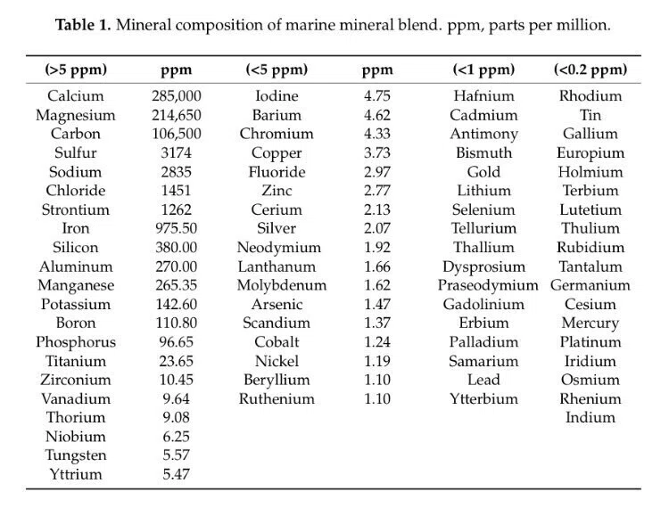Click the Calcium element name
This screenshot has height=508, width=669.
(76, 96)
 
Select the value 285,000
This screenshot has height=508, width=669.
(177, 96)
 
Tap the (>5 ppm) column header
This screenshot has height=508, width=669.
(76, 70)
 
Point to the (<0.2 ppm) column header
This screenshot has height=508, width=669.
(591, 70)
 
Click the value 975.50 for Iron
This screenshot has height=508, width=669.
(177, 228)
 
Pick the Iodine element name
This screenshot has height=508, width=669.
(277, 96)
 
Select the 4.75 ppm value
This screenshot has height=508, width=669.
(377, 96)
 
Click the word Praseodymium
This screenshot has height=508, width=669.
(488, 285)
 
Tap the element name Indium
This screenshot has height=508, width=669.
(591, 418)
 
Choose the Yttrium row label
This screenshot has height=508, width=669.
(76, 474)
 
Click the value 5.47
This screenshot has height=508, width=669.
(177, 474)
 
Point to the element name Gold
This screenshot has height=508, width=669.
(483, 172)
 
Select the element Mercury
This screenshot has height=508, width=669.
(591, 324)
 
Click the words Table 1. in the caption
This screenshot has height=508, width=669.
(83, 25)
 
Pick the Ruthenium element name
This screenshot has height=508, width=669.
(277, 399)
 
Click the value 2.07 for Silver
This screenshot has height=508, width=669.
(377, 228)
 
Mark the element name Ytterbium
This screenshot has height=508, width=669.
(483, 399)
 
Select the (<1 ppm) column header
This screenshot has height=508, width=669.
(483, 70)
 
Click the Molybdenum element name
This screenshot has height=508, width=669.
(282, 285)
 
